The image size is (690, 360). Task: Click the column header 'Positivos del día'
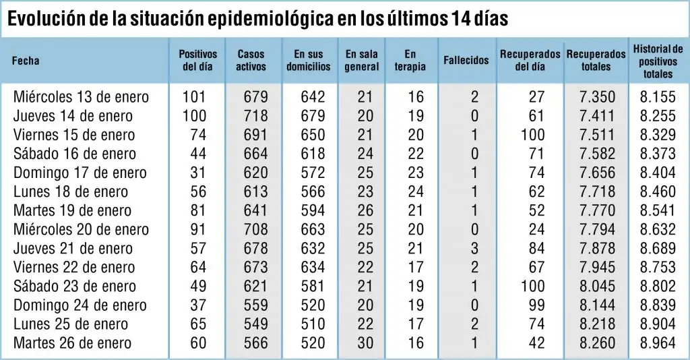[x=197, y=60]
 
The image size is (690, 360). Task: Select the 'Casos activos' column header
[x=251, y=60]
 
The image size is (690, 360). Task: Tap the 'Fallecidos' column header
[x=466, y=60]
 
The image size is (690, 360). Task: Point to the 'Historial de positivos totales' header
[x=658, y=61]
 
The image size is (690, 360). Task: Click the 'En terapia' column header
[x=410, y=60]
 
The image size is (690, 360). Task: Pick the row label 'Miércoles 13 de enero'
[x=81, y=97]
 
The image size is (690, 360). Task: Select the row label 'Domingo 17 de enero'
[x=80, y=173]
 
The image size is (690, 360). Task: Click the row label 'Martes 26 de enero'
[x=72, y=343]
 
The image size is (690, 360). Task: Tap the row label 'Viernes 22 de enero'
[x=74, y=267]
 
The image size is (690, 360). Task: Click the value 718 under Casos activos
[x=255, y=116]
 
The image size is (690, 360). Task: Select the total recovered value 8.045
[x=597, y=286]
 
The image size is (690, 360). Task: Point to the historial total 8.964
[x=658, y=343]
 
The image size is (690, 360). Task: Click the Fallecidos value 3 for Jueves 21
[x=474, y=248]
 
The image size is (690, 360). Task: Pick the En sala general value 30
[x=365, y=343]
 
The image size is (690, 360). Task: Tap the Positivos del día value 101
[x=194, y=97]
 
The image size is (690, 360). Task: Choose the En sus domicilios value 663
[x=313, y=229]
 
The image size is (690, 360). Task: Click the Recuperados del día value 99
[x=536, y=305]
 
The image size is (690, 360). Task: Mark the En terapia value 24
[x=415, y=191]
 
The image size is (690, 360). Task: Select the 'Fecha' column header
[x=26, y=60]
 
